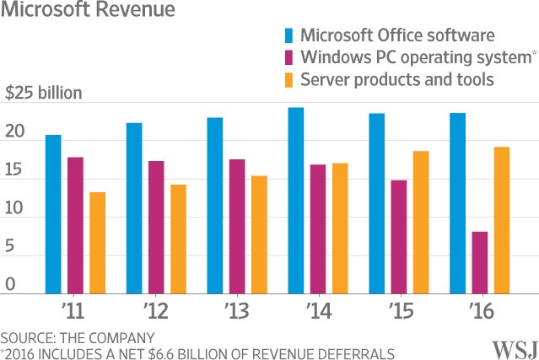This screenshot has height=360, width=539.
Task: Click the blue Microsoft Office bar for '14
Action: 295,200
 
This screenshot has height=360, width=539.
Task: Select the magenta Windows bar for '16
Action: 479,261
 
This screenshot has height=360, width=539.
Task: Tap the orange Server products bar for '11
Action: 98,242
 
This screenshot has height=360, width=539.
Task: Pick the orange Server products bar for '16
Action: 501,219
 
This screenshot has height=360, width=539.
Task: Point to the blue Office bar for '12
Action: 134,207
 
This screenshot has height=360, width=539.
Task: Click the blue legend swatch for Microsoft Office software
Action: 289,35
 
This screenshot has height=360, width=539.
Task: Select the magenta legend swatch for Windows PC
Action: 289,57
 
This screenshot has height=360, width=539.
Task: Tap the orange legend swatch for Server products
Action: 289,79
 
